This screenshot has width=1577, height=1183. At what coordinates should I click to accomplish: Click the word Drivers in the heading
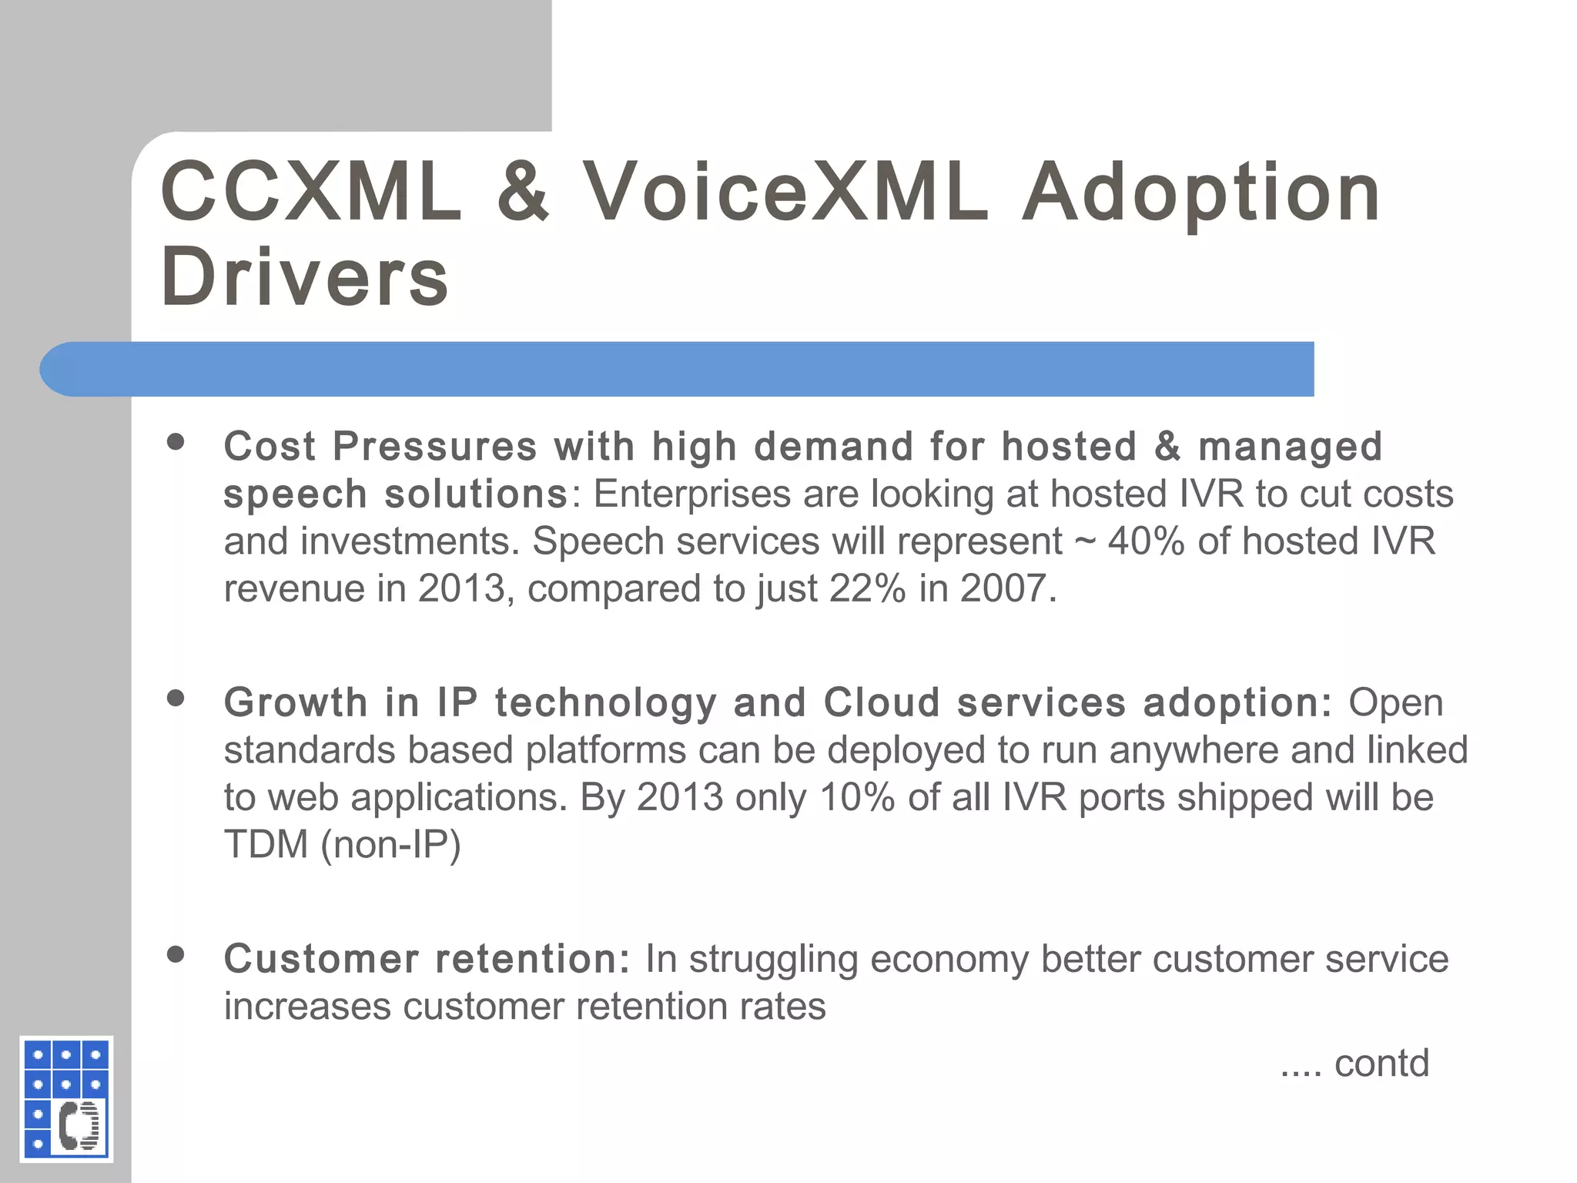coord(304,277)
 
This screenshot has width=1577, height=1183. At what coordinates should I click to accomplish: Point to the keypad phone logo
coord(66,1098)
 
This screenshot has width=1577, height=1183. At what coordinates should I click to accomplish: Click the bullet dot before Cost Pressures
coord(176,442)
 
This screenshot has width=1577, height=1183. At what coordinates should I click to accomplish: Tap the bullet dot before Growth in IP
coord(176,699)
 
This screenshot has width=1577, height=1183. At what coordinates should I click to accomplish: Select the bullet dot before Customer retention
coord(176,955)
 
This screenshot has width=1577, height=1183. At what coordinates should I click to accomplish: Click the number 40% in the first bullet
coord(1147,541)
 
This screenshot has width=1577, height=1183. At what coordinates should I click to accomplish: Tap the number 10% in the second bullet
coord(857,797)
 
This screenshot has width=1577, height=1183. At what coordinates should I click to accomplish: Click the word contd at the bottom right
coord(1381,1064)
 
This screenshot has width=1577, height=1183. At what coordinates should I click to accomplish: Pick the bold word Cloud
coord(882,702)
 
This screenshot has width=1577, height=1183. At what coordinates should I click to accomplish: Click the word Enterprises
coord(692,494)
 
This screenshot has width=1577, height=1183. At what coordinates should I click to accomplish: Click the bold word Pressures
coord(434,447)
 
